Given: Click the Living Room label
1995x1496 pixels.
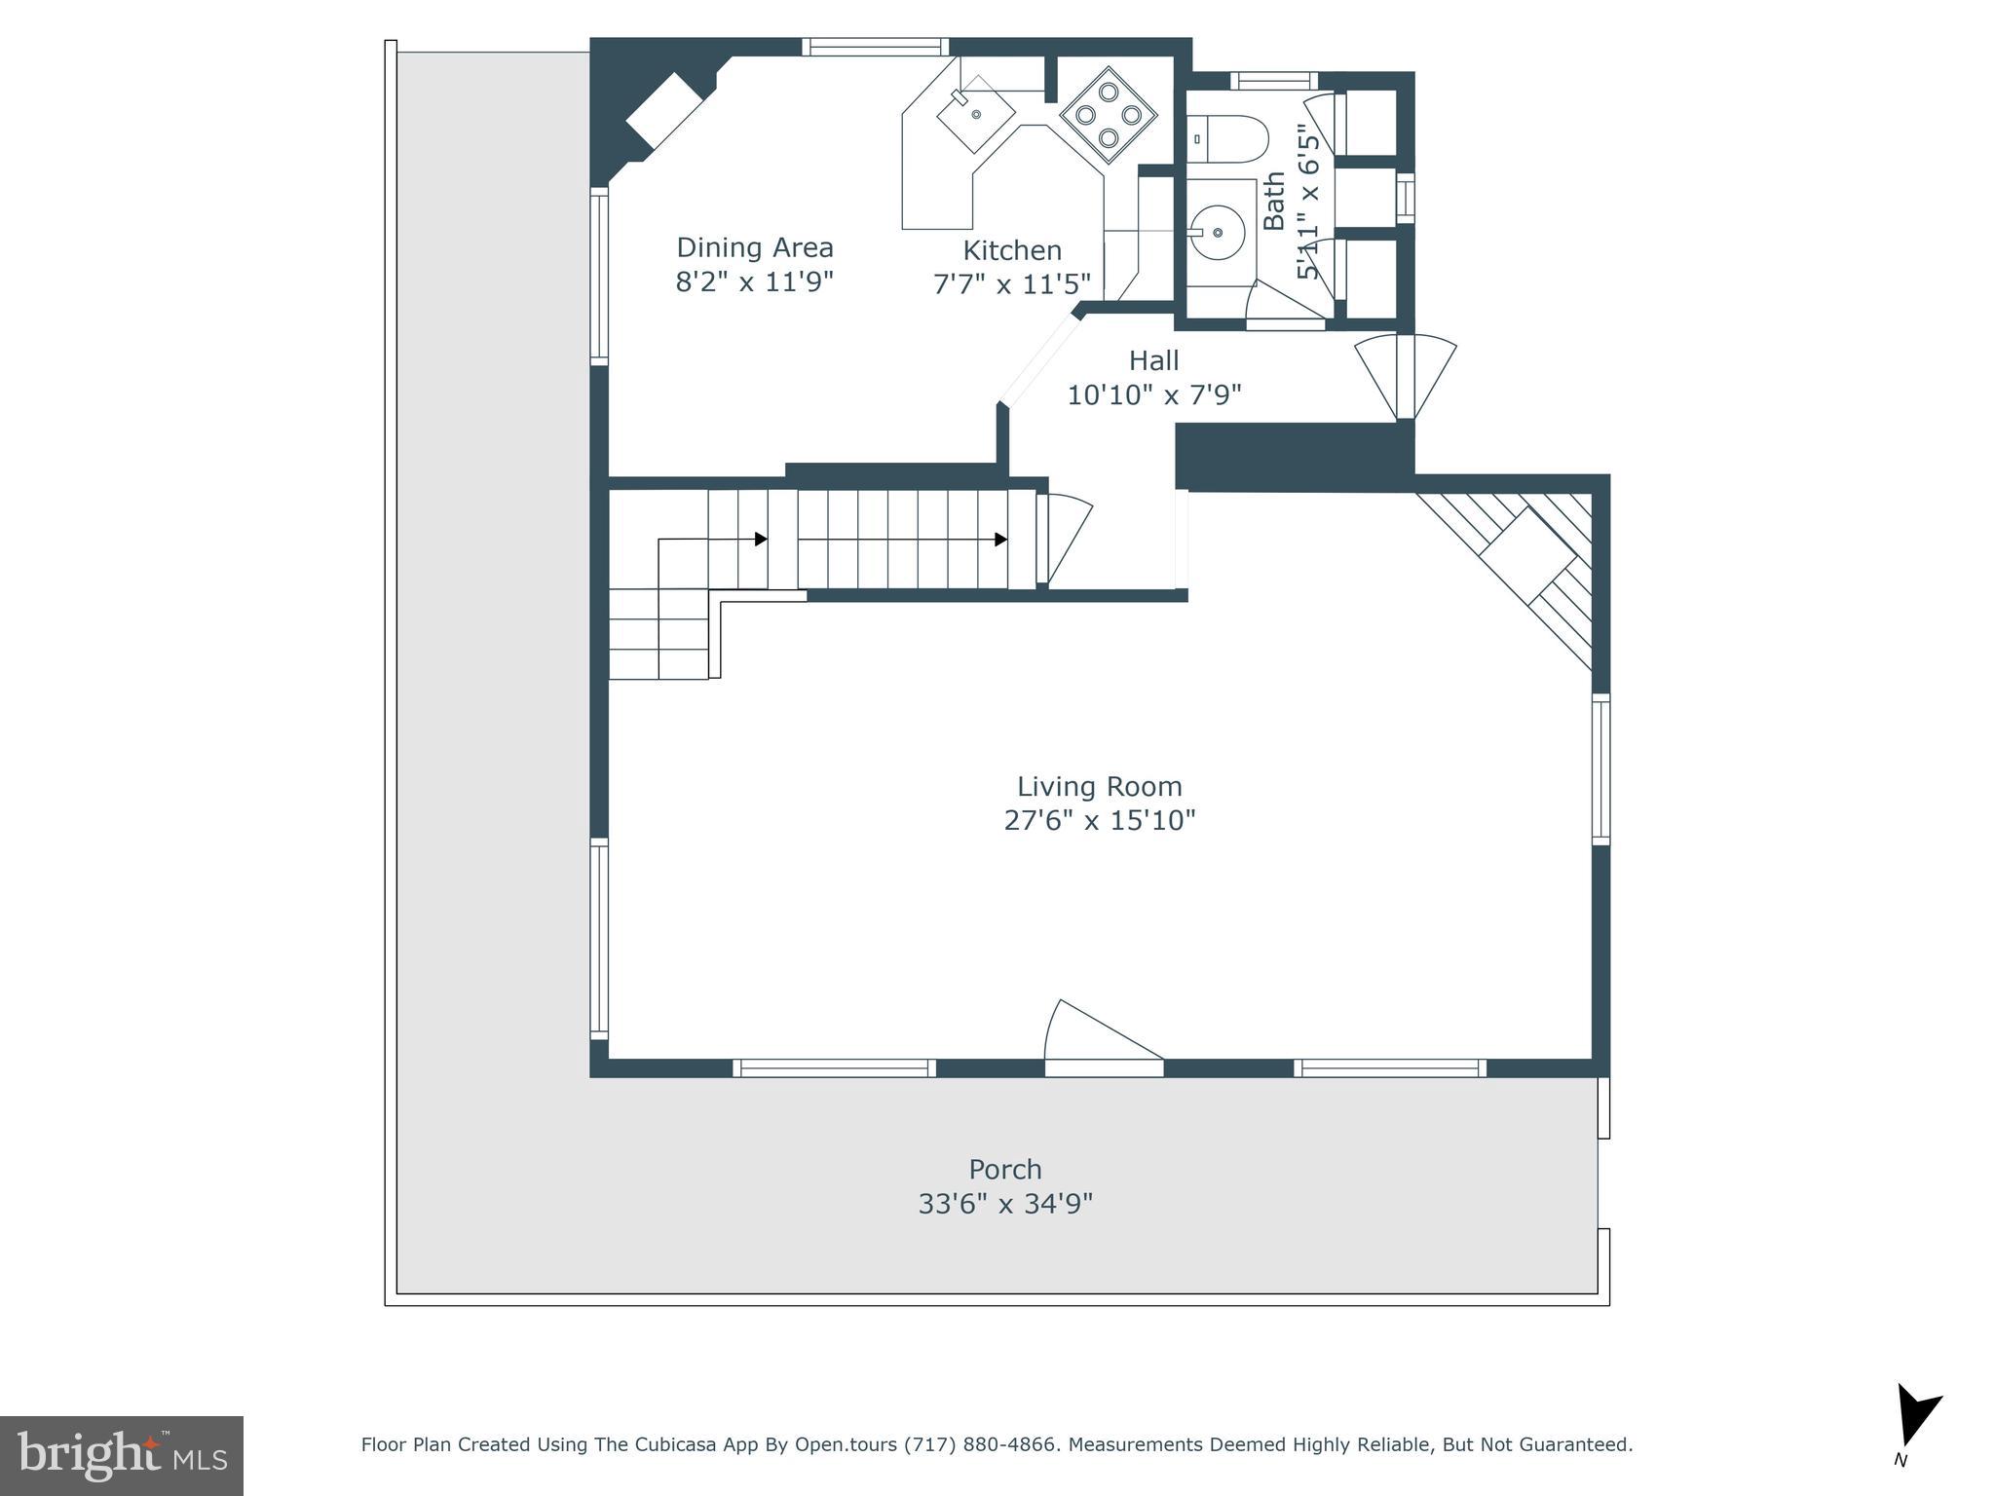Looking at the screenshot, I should tap(1099, 786).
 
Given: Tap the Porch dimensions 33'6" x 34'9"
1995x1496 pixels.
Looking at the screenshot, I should tap(1004, 1204).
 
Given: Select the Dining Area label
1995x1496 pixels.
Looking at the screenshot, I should tap(755, 247).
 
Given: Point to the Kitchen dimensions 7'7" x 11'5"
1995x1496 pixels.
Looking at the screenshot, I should tap(1011, 284).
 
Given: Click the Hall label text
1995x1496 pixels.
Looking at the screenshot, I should tap(1153, 360).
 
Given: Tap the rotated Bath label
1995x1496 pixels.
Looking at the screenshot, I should tap(1273, 202).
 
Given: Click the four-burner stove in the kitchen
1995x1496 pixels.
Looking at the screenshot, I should tap(1108, 115).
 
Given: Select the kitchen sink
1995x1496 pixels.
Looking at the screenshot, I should tap(976, 115).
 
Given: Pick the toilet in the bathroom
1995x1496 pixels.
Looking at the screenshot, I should tap(1227, 138).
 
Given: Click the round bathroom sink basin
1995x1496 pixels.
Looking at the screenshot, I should tap(1217, 233).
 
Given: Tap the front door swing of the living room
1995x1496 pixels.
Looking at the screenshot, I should tap(1101, 1037).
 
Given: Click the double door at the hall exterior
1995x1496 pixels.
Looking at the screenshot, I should tap(1405, 375).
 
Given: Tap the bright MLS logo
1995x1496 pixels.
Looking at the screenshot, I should tap(121, 1455).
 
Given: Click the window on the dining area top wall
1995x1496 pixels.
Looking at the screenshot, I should tap(875, 47).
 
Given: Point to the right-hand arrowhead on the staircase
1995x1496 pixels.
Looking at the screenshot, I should tap(1000, 540).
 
